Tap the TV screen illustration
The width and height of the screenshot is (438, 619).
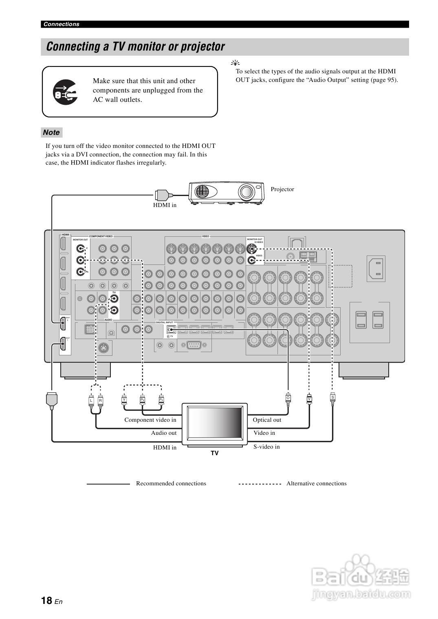215,424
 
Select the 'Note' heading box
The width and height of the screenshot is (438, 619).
52,132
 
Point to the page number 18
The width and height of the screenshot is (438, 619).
46,600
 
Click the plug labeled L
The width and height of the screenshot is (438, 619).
91,401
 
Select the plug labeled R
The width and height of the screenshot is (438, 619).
100,401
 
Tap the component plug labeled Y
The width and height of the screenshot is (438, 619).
124,400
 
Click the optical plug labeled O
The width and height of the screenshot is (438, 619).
288,398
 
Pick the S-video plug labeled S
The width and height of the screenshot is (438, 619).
332,397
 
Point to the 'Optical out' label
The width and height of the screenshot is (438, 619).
267,420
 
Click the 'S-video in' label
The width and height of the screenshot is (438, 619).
266,447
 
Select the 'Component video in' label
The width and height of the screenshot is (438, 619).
150,420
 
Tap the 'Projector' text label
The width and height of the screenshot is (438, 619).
282,189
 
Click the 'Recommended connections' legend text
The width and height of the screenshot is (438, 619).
171,483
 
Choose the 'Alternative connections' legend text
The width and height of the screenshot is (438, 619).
316,483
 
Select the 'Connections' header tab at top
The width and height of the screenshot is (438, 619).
62,24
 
